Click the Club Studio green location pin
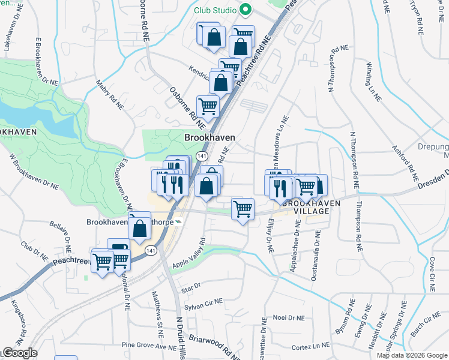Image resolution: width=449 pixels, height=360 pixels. click(x=245, y=10)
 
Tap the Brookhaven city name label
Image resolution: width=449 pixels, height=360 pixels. click(x=209, y=137)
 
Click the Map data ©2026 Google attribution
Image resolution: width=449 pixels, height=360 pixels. click(x=412, y=355)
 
